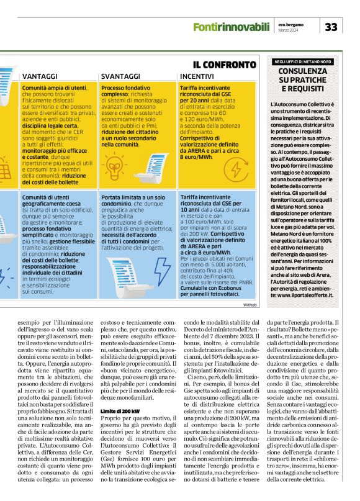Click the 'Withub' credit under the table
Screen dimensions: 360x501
(x=250, y=305)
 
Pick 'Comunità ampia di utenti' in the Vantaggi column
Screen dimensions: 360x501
(x=54, y=89)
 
